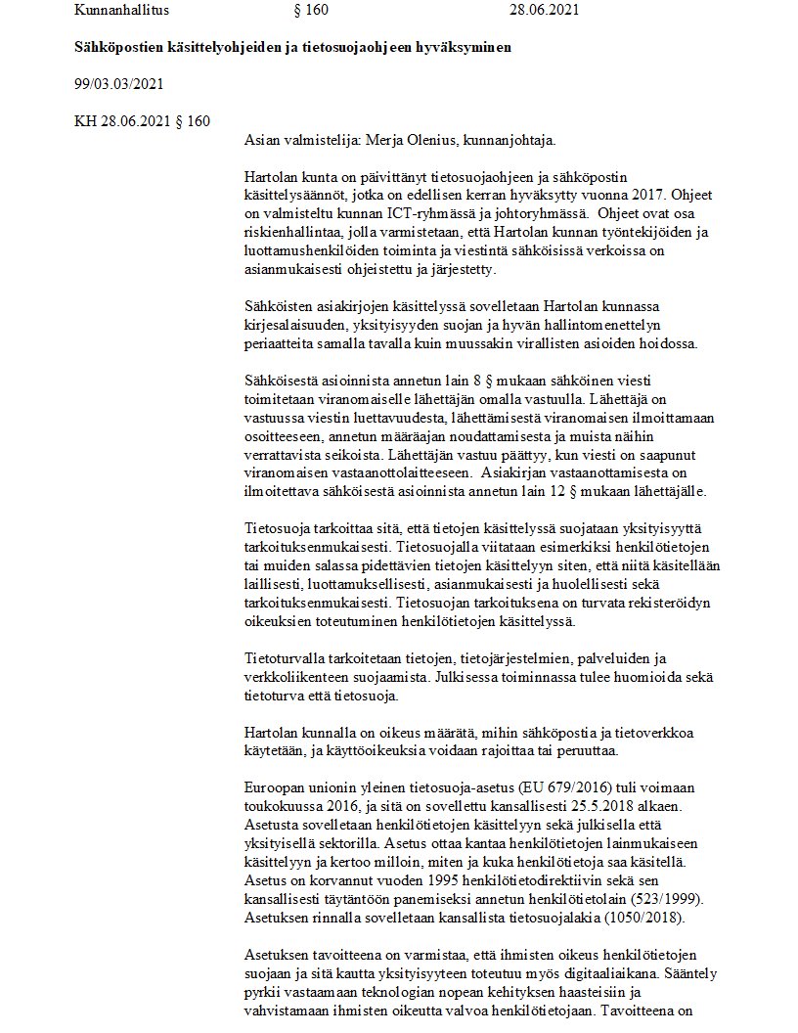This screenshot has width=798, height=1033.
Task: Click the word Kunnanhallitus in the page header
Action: coord(121,11)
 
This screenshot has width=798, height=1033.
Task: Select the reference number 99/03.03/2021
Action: coord(118,84)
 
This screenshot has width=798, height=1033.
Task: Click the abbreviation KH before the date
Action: coord(86,121)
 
